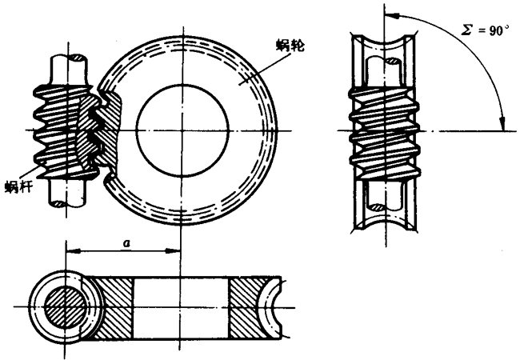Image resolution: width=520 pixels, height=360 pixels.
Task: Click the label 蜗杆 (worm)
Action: pos(18,186)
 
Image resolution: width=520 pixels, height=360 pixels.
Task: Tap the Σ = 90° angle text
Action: pos(485,30)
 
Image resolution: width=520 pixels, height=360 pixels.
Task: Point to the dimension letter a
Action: pos(126,243)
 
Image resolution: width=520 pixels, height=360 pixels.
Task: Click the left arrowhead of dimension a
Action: pos(73,251)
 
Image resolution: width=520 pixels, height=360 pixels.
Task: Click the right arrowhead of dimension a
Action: pos(173,251)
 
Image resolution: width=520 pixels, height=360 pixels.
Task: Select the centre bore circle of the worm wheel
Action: pos(182,130)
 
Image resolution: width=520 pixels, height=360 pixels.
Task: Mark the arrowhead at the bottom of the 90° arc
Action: pos(503,123)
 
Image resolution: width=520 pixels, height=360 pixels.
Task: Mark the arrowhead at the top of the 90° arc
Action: pos(392,14)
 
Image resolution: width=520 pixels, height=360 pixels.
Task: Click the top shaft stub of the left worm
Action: pos(70,70)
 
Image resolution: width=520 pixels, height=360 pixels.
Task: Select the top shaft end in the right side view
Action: pos(384,71)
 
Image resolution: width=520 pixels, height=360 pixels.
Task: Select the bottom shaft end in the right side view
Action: pos(385,195)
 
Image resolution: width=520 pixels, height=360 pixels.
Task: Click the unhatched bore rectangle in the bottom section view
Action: pos(182,308)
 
